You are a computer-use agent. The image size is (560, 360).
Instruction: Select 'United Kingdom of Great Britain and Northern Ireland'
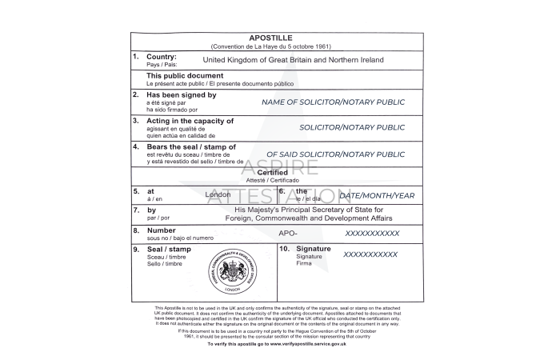point(294,60)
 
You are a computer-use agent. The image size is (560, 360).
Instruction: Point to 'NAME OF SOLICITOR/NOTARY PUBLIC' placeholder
point(334,102)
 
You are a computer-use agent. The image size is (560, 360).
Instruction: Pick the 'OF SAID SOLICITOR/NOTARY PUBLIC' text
point(336,154)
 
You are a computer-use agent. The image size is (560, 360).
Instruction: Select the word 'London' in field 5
point(218,194)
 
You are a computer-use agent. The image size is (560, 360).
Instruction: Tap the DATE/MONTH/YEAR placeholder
point(377,194)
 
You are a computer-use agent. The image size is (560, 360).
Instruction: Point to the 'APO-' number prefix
point(288,233)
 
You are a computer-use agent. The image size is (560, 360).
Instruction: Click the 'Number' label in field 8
point(161,230)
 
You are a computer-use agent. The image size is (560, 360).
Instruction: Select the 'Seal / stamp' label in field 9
point(169,250)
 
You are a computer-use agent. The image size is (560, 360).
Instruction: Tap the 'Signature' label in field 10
point(313,249)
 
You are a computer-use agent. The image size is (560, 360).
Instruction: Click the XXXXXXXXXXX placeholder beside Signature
point(370,254)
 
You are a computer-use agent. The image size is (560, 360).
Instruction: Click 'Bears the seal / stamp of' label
point(191,146)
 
